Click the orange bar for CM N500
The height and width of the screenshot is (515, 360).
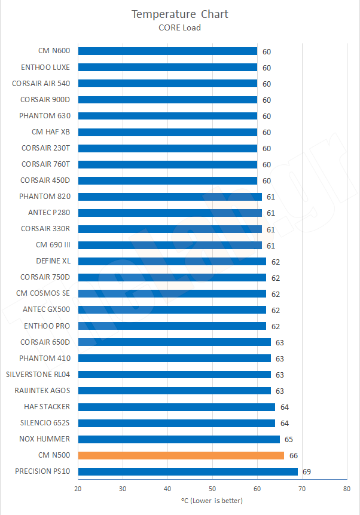coord(181,455)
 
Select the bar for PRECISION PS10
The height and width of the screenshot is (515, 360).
coord(188,471)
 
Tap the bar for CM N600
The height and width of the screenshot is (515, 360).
coord(167,51)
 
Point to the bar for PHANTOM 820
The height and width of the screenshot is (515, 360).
coord(170,197)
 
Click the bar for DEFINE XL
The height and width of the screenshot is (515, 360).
coord(172,261)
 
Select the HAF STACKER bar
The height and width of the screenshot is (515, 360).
coord(176,407)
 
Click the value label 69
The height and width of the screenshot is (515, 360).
coord(307,472)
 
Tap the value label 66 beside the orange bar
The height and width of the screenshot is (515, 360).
coord(294,456)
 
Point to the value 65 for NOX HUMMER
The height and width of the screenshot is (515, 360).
coord(289,440)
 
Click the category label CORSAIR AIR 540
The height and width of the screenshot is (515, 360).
coord(41,84)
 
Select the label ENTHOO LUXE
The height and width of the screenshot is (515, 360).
coord(45,68)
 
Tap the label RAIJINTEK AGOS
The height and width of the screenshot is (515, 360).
coord(42,391)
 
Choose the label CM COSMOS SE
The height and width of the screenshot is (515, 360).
coord(43,293)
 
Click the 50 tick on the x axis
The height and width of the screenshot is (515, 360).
coord(212,489)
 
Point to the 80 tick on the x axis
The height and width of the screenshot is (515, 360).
coord(347,489)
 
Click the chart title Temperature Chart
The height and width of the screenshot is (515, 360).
coord(180,14)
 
